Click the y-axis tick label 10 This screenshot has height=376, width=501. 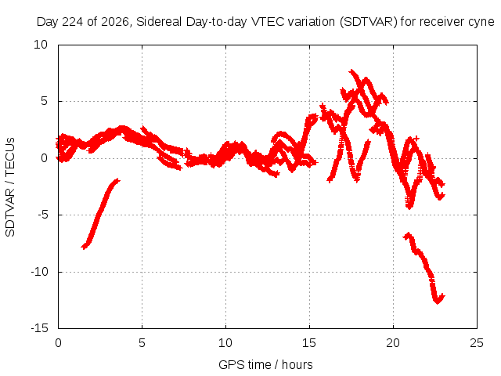point(41,45)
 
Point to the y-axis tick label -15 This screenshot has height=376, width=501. point(39,328)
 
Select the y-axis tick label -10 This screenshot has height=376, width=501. point(39,272)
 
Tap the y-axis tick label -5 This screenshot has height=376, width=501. point(43,215)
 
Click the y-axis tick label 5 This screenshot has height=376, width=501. point(44,101)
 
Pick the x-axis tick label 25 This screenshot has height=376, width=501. point(477,343)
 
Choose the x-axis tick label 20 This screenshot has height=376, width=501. point(393,343)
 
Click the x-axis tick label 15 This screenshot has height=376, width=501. point(309,343)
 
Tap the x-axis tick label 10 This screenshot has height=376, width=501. point(225,343)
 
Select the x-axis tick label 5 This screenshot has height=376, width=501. point(142,343)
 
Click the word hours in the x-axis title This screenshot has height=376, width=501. point(297,364)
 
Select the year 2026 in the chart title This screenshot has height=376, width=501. point(115,22)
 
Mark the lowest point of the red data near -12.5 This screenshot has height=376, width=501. point(438,302)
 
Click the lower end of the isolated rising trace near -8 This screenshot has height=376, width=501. point(84,248)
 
